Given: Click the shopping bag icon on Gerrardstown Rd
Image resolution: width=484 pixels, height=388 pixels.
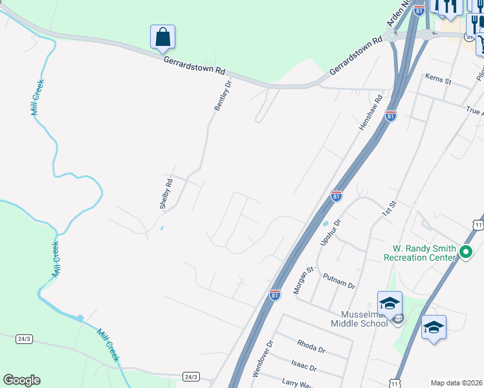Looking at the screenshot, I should click(163, 38).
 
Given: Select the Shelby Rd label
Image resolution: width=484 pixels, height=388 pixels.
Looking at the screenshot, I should click(167, 193).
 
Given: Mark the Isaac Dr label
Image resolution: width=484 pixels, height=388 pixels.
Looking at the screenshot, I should click(303, 367).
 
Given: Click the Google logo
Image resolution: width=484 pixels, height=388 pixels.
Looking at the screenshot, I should click(21, 380).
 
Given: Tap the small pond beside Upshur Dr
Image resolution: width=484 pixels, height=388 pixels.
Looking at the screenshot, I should click(325, 224).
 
